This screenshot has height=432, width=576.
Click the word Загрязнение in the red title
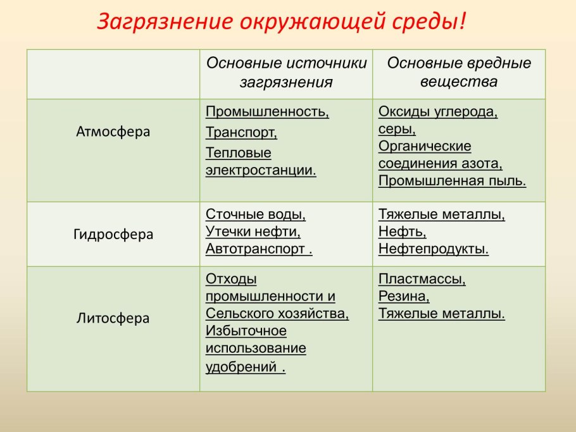coord(165,22)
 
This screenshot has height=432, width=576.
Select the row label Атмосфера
coord(113,132)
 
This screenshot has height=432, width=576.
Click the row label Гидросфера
coord(113,234)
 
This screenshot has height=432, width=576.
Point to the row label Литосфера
coord(113,318)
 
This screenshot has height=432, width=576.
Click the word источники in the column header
coord(326,63)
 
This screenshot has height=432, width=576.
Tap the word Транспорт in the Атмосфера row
coord(241,132)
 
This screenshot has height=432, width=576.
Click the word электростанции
coord(260,170)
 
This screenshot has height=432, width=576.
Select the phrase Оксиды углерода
coord(437,112)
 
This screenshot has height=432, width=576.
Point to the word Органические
coord(425,147)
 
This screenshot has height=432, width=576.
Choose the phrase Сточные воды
coord(255,214)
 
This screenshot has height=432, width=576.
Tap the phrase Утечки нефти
coord(253,231)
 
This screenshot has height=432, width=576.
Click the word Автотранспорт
coord(255,249)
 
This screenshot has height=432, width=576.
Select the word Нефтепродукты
coord(433,249)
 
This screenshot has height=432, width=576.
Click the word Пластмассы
coord(422,280)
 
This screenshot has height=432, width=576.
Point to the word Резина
coord(403,296)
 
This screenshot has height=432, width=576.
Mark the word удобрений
coord(241,367)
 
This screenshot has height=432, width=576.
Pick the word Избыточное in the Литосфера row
coord(246,331)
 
